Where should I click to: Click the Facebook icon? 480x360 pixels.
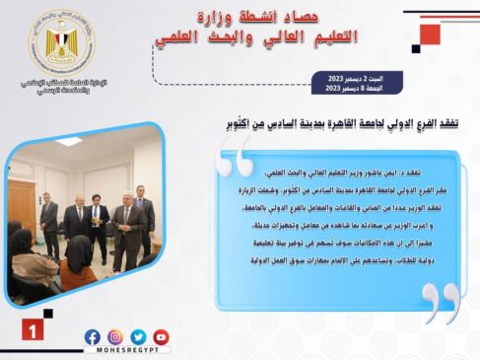[93, 336]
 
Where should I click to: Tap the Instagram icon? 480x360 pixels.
[115, 336]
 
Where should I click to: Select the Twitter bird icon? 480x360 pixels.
[138, 336]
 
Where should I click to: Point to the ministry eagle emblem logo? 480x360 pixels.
[62, 44]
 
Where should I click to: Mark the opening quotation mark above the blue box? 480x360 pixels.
[237, 159]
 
